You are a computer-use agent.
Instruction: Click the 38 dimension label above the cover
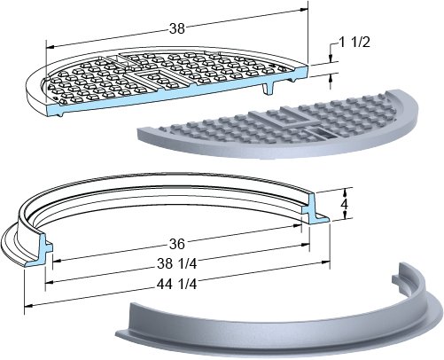point(177,28)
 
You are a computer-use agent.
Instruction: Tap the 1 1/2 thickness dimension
point(354,43)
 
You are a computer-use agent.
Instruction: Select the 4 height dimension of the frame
point(345,204)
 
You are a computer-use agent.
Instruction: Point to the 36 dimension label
point(177,244)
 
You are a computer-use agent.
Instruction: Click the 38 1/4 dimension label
point(177,263)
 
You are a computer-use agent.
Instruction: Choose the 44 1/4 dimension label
point(176,285)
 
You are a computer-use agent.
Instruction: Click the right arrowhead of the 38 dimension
point(304,10)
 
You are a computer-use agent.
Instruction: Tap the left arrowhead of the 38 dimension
point(51,47)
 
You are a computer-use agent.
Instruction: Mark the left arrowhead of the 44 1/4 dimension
point(28,305)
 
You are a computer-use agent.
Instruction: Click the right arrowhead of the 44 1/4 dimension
point(325,262)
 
